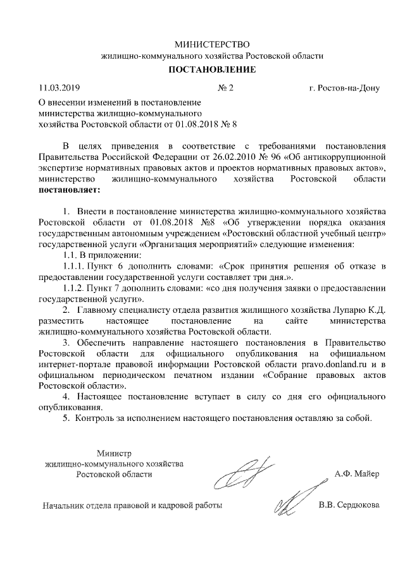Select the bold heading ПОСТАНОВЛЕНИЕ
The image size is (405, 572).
pyautogui.click(x=212, y=70)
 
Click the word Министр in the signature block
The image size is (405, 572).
pyautogui.click(x=113, y=453)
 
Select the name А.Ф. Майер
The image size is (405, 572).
pyautogui.click(x=356, y=474)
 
